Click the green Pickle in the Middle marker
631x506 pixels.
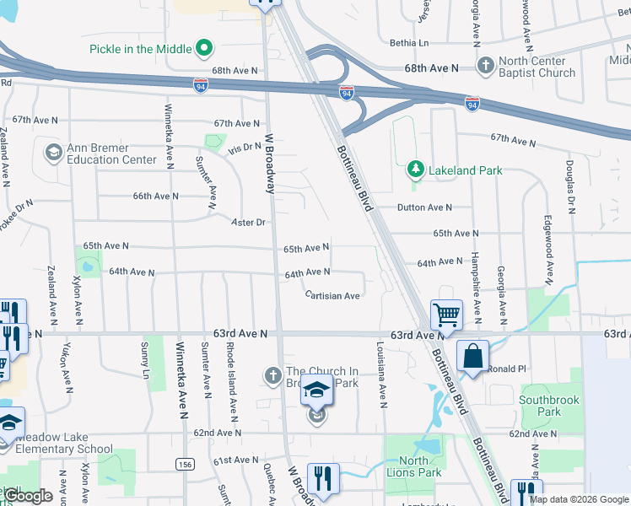click(203, 48)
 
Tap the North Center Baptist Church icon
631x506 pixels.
click(485, 66)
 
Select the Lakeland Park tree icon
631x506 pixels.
click(415, 170)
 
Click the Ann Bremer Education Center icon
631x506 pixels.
click(52, 152)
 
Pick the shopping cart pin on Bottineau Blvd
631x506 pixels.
click(446, 315)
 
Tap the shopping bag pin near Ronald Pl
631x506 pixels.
click(473, 356)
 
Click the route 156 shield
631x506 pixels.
click(183, 465)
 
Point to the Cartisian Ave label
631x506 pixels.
click(332, 296)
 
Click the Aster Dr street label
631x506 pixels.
click(249, 222)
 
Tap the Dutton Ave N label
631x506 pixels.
click(425, 207)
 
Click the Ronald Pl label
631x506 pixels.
click(508, 369)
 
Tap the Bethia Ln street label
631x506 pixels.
click(409, 42)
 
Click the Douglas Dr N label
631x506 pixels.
click(570, 186)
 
